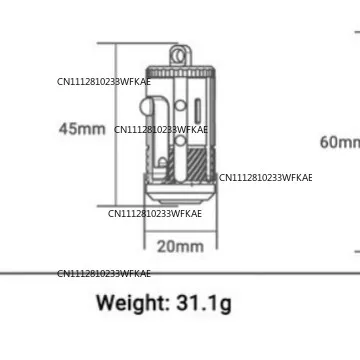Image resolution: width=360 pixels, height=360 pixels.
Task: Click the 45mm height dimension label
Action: [82, 129]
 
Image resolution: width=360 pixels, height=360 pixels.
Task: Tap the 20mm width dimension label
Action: [180, 247]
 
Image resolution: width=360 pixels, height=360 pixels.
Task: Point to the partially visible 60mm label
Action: [340, 142]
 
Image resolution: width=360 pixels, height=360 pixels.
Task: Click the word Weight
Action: [133, 303]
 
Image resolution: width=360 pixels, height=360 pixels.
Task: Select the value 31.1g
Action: [204, 304]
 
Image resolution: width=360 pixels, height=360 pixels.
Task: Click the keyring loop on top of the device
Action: [180, 55]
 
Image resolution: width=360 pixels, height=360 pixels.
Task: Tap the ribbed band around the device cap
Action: [180, 73]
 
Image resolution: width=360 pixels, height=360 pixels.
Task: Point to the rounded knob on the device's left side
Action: [146, 107]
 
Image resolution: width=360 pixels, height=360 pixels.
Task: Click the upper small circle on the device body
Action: [180, 106]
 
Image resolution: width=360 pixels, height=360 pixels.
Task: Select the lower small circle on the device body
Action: [180, 141]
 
